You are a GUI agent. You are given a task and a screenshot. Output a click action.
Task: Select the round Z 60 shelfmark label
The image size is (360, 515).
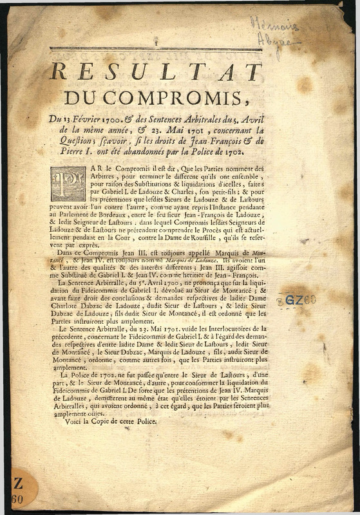17,491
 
